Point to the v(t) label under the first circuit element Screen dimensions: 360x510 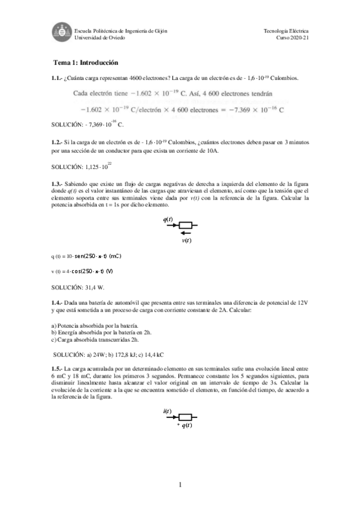[x=188, y=241]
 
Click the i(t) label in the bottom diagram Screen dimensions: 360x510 [x=168, y=411]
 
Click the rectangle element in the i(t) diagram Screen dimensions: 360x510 [x=186, y=417]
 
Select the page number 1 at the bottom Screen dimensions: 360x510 [x=180, y=484]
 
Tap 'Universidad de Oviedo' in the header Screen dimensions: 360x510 [x=97, y=37]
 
